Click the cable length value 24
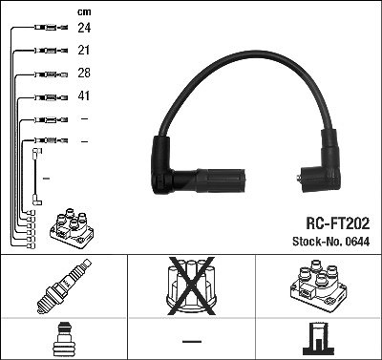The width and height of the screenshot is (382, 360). coord(84,28)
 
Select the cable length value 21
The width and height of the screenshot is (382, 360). coord(84,50)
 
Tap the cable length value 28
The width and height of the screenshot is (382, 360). coord(84,73)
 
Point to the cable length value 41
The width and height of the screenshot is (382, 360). coord(84,95)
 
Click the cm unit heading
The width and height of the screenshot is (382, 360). coord(84,12)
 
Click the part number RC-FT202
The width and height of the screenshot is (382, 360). coord(337,223)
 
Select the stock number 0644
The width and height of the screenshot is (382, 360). coord(356,242)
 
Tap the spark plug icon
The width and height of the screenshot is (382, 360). coord(64,286)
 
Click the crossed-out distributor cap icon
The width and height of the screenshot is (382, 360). coord(191,286)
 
